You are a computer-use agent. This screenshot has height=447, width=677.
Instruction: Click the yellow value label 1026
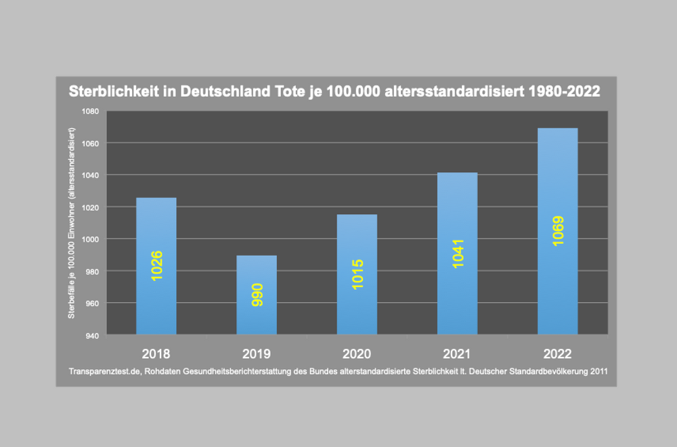[156, 265]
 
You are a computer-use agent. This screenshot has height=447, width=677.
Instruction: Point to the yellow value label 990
[257, 296]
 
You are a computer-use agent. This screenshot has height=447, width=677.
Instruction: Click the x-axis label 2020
[357, 354]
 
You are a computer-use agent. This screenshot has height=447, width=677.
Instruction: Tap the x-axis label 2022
[557, 354]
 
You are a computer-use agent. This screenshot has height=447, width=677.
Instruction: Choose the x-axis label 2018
[156, 354]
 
